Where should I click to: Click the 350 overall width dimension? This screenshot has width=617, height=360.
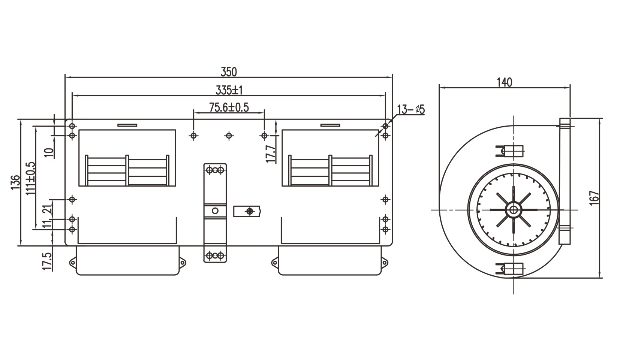pyautogui.click(x=229, y=71)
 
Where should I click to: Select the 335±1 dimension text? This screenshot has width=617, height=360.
pyautogui.click(x=229, y=90)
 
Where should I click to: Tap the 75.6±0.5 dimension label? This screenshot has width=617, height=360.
pyautogui.click(x=229, y=108)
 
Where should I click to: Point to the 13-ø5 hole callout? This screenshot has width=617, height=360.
pyautogui.click(x=410, y=109)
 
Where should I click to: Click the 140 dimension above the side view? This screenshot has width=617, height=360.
pyautogui.click(x=504, y=82)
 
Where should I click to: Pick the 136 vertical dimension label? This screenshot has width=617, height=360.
pyautogui.click(x=15, y=182)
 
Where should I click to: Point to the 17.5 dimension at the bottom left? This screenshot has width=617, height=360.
pyautogui.click(x=46, y=261)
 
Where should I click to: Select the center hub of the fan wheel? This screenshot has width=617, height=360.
pyautogui.click(x=512, y=210)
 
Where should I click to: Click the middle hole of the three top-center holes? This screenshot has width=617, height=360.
pyautogui.click(x=229, y=136)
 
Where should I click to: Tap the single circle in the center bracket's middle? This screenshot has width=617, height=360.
pyautogui.click(x=215, y=211)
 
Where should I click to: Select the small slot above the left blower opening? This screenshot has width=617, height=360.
pyautogui.click(x=127, y=125)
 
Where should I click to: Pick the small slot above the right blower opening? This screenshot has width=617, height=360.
pyautogui.click(x=330, y=125)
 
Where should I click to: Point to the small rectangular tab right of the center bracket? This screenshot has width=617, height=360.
pyautogui.click(x=247, y=211)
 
